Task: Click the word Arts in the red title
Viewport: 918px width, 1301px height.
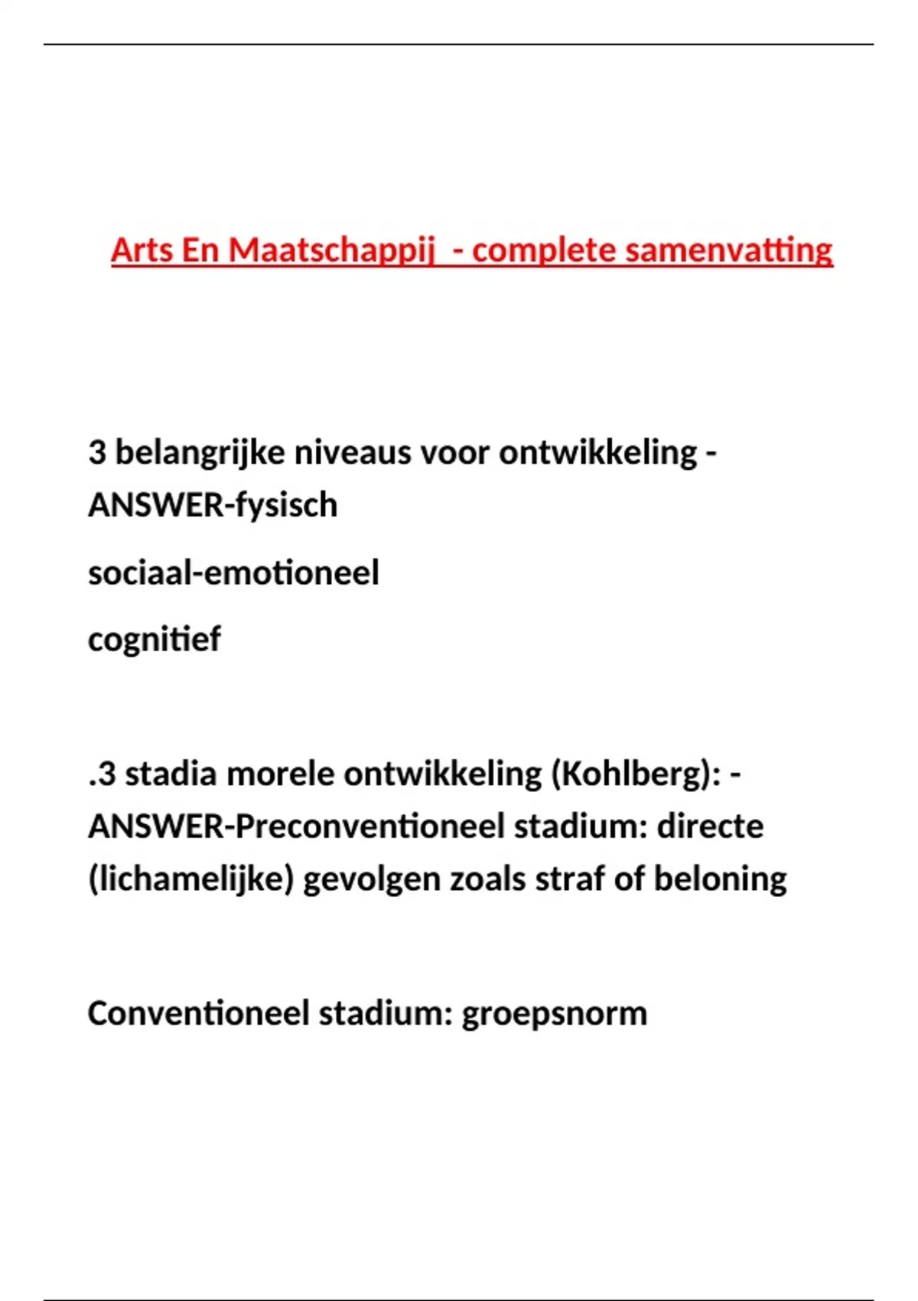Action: [x=142, y=250]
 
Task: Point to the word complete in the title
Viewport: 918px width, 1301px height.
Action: [x=544, y=250]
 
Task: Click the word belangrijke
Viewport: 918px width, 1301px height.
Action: [x=200, y=452]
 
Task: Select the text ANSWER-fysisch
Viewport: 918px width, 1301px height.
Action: [x=213, y=505]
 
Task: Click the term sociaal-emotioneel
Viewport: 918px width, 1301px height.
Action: [x=233, y=572]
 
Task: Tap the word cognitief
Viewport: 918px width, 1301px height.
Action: [x=154, y=639]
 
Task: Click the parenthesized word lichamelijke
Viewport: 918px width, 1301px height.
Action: [x=191, y=879]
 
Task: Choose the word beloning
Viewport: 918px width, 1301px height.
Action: [x=720, y=879]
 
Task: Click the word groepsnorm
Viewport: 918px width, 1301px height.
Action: [x=554, y=1013]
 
